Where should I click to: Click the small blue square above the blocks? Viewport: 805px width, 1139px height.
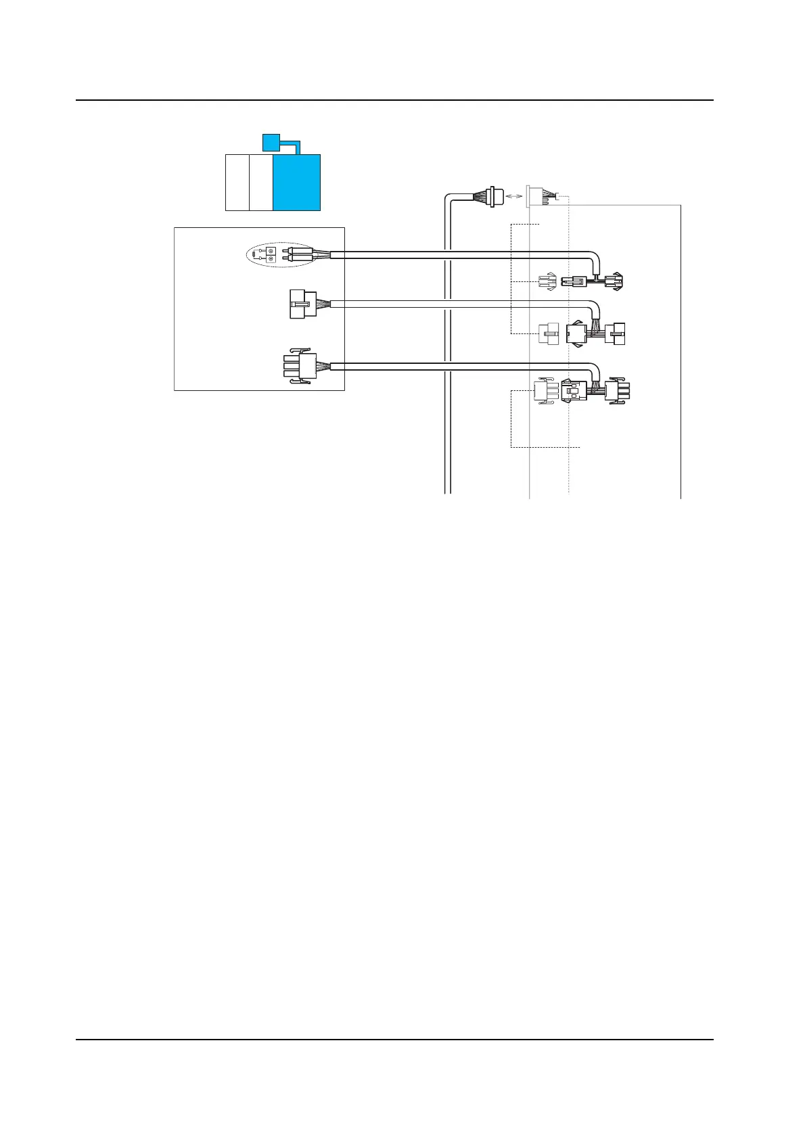[x=271, y=142]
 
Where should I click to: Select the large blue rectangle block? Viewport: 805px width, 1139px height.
[x=296, y=183]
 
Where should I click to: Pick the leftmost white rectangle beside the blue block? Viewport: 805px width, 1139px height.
[x=237, y=183]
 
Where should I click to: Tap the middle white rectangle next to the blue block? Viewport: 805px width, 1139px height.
[x=261, y=183]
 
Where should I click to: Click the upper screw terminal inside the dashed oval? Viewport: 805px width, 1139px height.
[x=271, y=251]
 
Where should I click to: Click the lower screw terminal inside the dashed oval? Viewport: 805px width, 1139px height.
[x=271, y=259]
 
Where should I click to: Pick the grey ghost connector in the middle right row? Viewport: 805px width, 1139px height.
[x=547, y=333]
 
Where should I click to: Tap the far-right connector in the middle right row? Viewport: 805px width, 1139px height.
[x=617, y=333]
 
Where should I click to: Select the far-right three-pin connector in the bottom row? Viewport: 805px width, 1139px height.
[x=618, y=391]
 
